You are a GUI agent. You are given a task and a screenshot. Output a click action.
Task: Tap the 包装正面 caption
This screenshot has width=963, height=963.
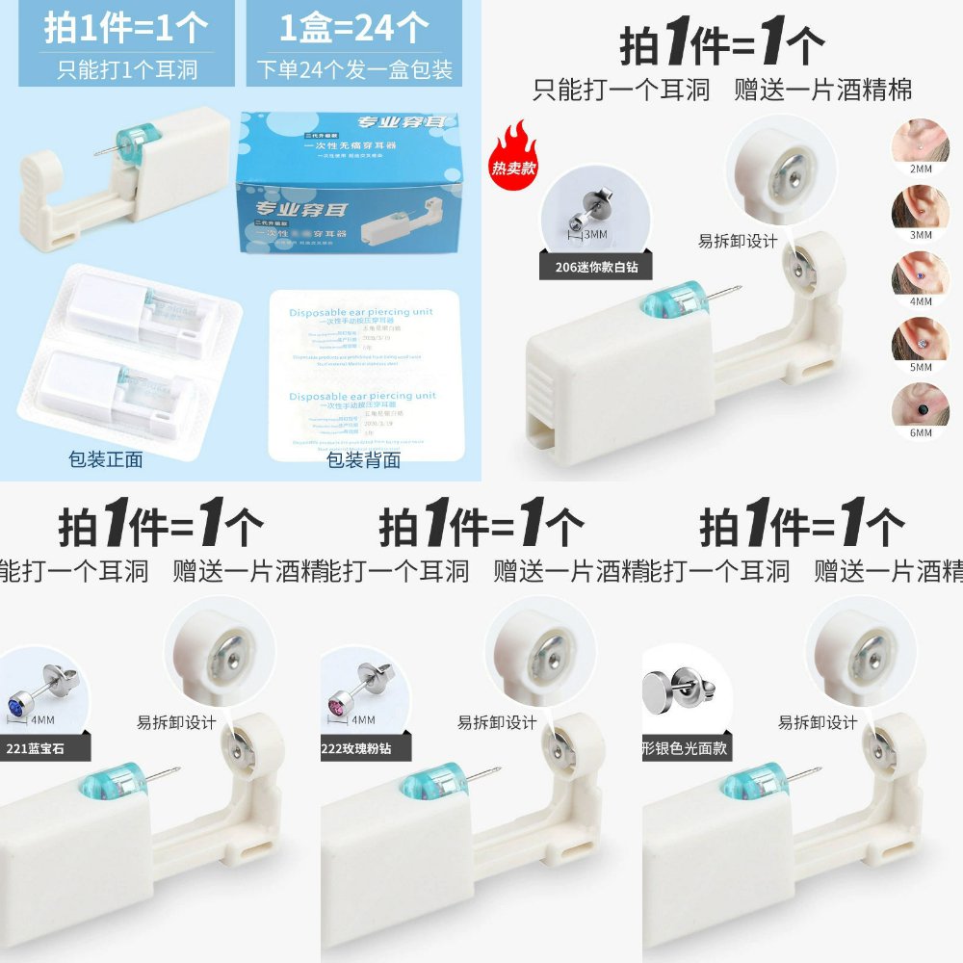click(x=106, y=459)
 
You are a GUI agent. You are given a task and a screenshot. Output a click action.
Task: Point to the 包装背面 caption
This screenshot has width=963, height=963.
click(x=363, y=459)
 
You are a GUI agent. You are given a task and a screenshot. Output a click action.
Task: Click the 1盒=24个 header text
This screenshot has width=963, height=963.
click(x=354, y=29)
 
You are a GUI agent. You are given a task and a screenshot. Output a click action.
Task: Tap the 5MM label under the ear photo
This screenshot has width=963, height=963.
click(x=921, y=367)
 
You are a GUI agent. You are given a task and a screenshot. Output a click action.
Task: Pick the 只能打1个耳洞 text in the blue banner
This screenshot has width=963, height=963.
click(x=120, y=70)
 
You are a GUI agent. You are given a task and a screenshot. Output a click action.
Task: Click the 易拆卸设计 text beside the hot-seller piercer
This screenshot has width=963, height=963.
click(x=738, y=242)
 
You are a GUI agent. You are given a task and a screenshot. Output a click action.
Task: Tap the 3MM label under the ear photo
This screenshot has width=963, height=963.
click(x=921, y=234)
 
